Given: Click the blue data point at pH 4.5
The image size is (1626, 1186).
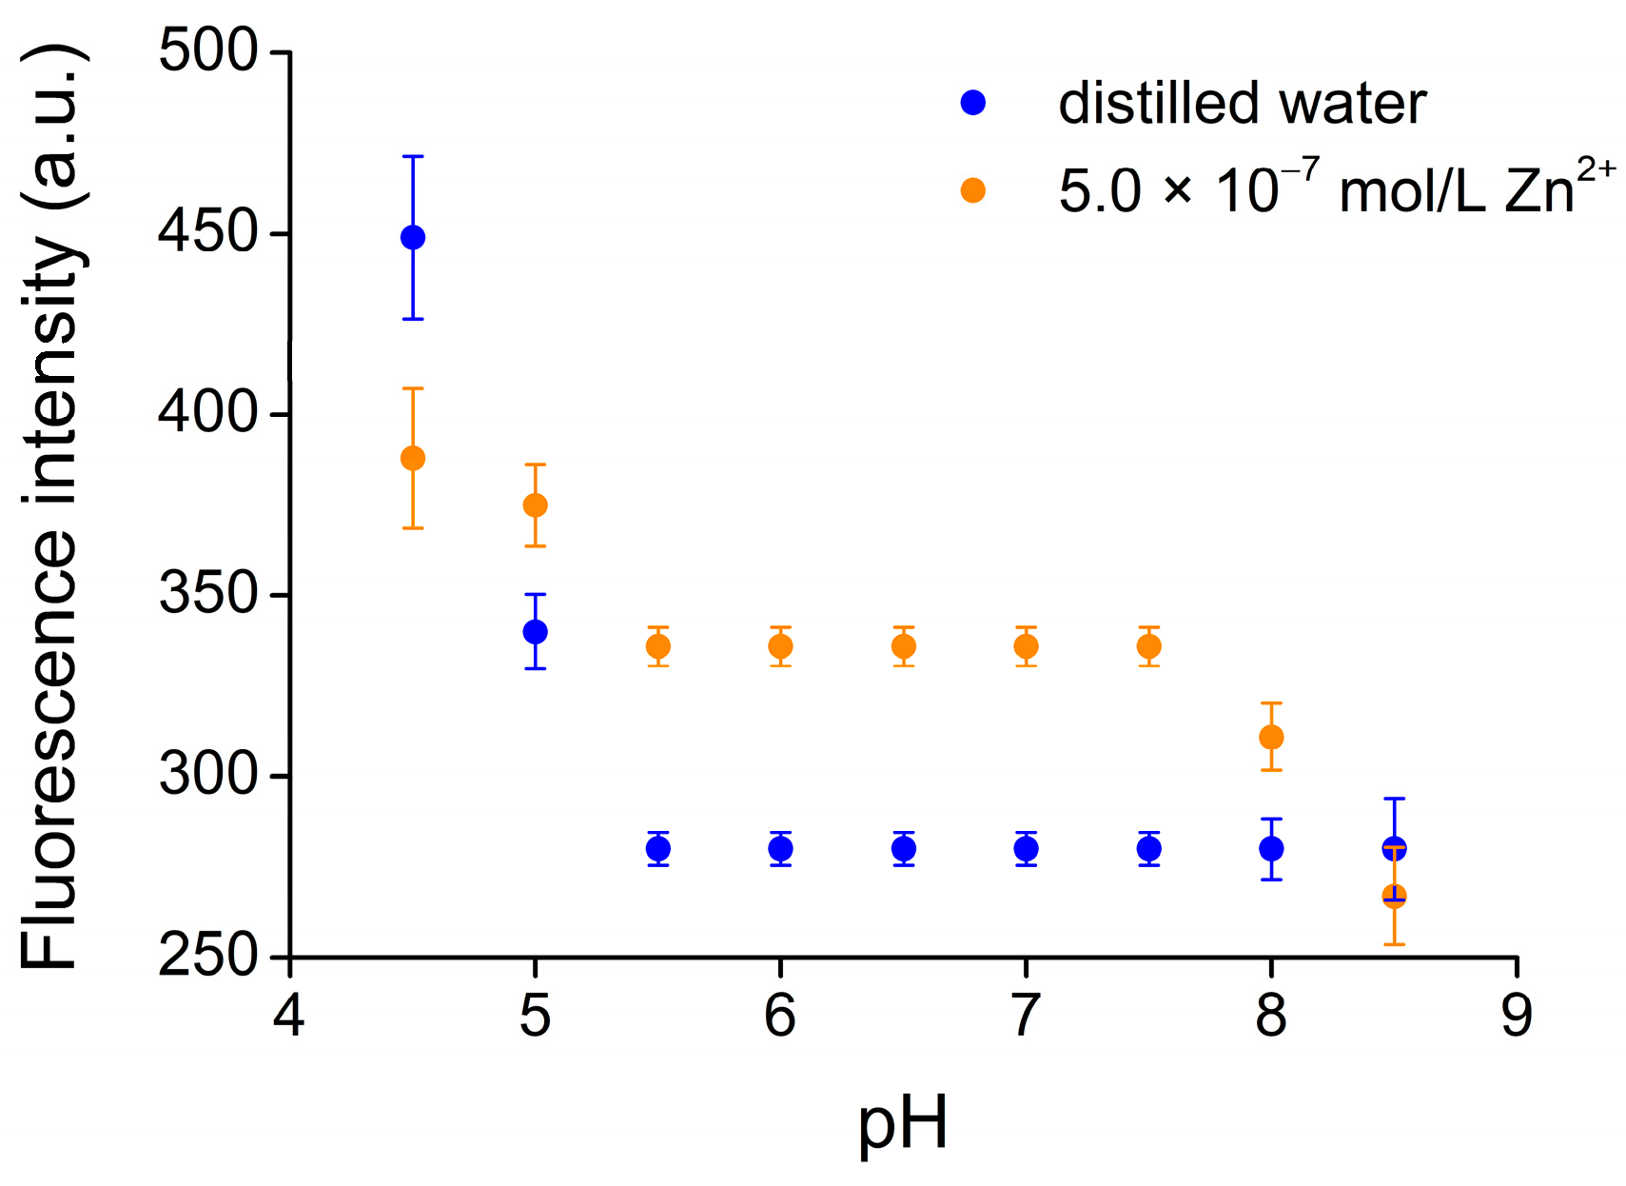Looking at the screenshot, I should click(412, 237).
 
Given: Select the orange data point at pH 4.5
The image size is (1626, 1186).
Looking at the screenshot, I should click(412, 458).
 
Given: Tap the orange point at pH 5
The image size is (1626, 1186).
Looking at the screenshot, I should click(535, 504).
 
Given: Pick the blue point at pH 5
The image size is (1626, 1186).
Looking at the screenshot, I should click(535, 631).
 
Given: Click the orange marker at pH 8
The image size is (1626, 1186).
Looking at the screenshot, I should click(1270, 737).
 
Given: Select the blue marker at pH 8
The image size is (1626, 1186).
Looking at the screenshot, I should click(1270, 847).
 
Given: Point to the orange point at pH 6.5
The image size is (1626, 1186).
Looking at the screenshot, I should click(903, 646).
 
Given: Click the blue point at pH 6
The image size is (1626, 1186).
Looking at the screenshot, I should click(780, 847).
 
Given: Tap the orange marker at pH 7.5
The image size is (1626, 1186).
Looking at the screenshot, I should click(1148, 646).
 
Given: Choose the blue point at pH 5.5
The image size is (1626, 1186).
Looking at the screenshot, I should click(657, 847).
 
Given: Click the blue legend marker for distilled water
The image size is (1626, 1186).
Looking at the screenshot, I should click(972, 103).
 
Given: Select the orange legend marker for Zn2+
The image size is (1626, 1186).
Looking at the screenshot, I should click(972, 190).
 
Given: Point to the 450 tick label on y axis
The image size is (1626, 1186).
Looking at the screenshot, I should click(207, 232).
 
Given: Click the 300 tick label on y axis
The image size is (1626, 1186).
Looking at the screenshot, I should click(207, 774).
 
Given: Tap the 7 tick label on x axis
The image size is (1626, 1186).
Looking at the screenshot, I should click(1025, 1016).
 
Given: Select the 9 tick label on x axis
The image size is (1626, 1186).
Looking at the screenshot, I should click(1516, 1016).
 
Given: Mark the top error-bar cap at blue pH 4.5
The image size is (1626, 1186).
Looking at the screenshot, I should click(412, 156).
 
